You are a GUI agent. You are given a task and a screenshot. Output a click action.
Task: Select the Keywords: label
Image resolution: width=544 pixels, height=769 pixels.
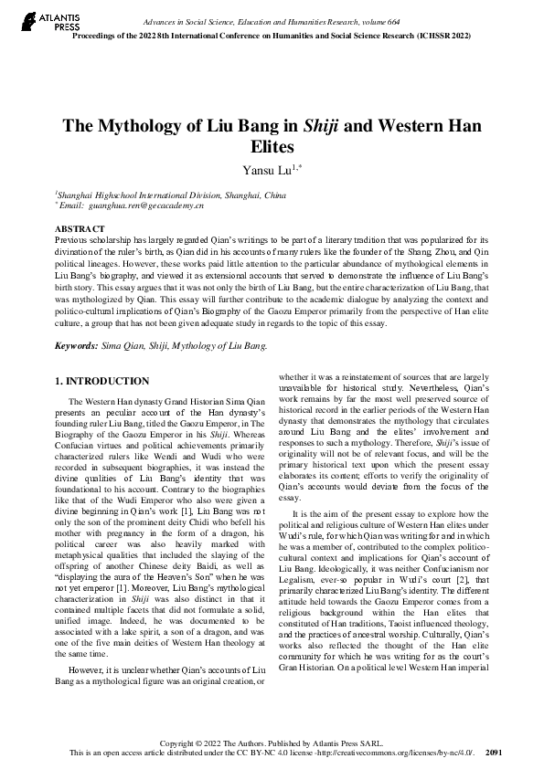click(x=77, y=346)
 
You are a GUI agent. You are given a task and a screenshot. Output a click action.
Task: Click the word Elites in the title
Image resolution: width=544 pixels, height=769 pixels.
click(x=272, y=147)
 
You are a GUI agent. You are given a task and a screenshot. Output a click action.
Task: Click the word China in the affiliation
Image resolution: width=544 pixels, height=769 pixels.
click(x=274, y=195)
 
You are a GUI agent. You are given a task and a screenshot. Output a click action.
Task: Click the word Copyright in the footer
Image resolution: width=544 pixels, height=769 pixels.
click(x=176, y=743)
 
